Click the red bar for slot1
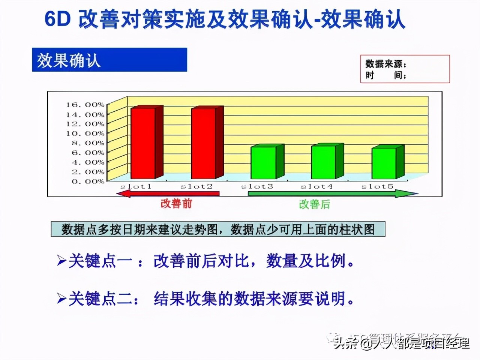[143, 143]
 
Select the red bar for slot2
[203, 143]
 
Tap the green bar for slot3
[263, 163]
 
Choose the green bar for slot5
[384, 163]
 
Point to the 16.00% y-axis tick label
[85, 105]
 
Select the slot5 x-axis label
[377, 186]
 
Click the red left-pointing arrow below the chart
[168, 193]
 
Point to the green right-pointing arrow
[332, 193]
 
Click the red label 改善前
[176, 204]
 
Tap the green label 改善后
[315, 204]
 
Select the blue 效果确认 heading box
[109, 60]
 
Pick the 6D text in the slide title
[57, 19]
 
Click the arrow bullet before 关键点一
[61, 260]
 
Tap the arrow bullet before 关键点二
[61, 298]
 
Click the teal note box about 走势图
[218, 229]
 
